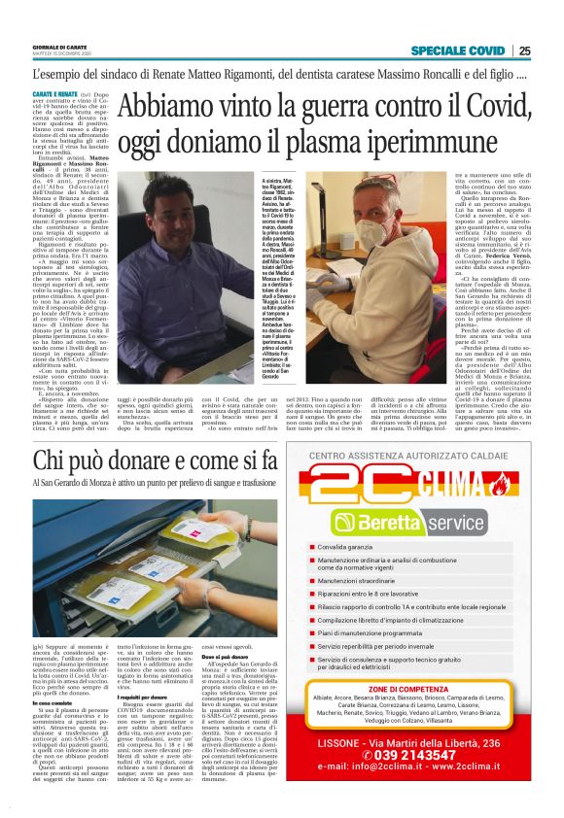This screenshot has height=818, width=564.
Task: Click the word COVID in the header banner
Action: point(480,51)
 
